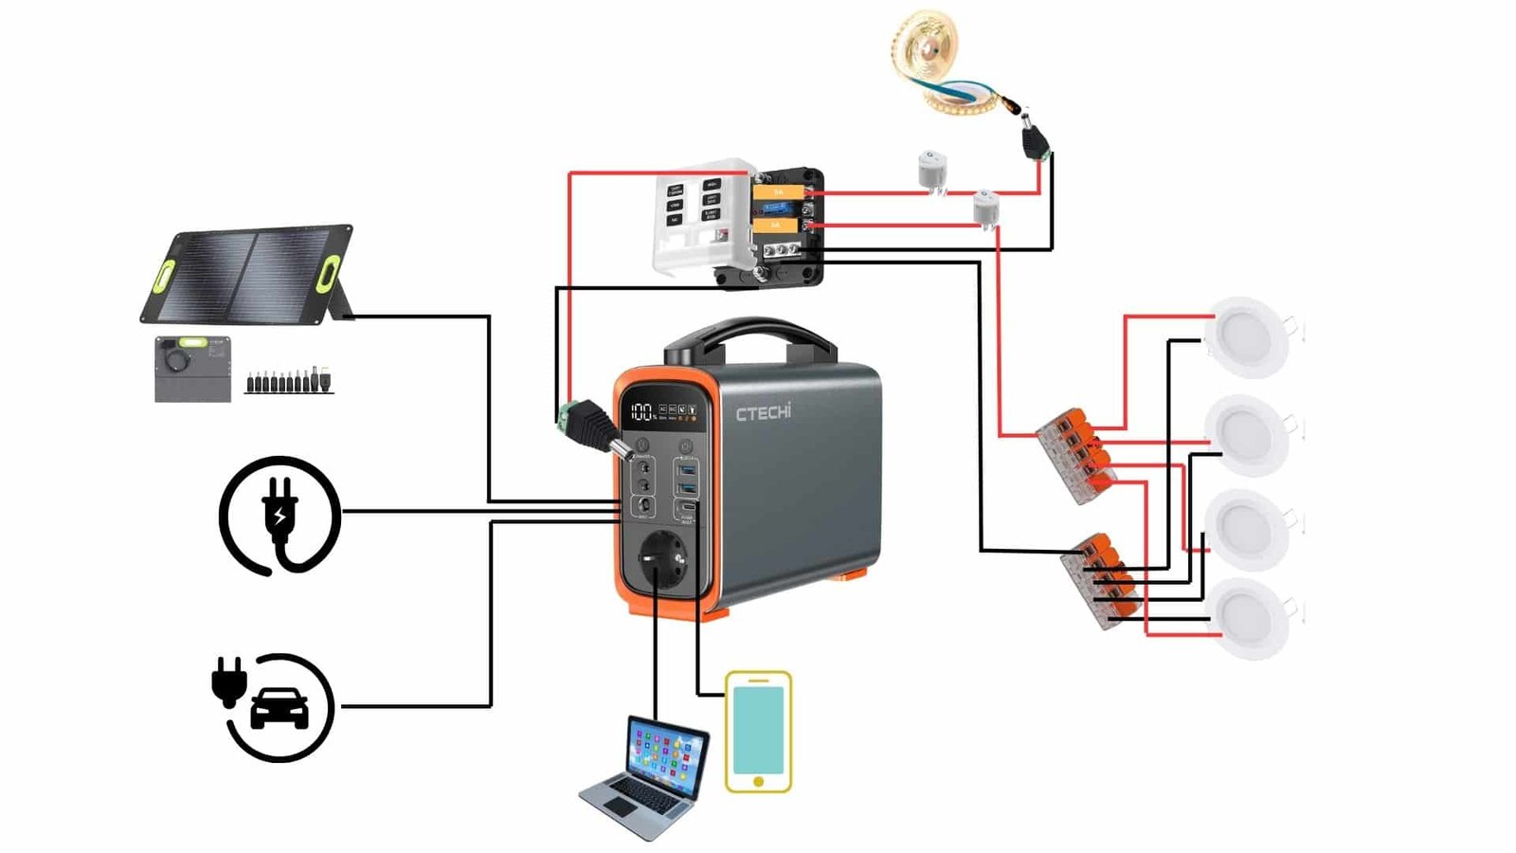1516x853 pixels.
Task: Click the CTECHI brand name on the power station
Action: click(763, 412)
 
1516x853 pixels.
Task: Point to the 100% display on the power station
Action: click(642, 411)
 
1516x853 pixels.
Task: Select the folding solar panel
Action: click(249, 275)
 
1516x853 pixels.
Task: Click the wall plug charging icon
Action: click(280, 515)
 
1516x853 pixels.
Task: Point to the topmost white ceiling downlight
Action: click(1247, 336)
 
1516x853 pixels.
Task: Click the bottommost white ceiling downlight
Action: click(1249, 618)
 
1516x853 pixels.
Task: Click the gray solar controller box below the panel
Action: click(193, 368)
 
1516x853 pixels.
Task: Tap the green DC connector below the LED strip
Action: click(1035, 141)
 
